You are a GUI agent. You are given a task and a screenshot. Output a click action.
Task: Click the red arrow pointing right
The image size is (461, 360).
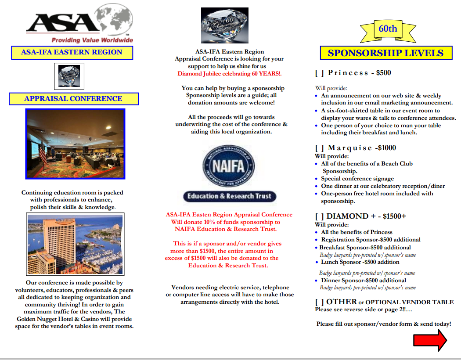coord(430,340)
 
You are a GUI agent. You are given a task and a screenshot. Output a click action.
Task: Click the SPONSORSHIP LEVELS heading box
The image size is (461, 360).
coord(385,53)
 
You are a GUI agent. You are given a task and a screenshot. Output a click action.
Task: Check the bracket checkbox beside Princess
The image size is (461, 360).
coord(319,73)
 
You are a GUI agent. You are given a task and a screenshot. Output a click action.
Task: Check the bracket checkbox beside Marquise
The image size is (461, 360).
coord(319,148)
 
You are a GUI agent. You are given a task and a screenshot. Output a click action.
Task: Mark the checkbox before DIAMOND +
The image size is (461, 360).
coord(319,216)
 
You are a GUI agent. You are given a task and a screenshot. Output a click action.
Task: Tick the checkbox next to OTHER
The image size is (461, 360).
coord(319,302)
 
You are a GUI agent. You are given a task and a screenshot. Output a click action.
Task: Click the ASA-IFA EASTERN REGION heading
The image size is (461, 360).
coord(72,52)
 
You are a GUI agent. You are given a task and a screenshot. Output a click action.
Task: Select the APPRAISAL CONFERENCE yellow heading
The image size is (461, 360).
coord(73,99)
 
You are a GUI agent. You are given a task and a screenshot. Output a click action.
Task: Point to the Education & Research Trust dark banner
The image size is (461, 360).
coord(230,196)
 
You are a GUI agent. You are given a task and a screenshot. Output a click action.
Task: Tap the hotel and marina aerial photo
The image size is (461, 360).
coord(75,244)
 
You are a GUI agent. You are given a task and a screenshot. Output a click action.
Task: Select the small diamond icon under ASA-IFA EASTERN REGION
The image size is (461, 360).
coord(69,76)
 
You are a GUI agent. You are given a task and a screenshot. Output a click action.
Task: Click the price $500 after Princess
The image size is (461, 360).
coord(383,73)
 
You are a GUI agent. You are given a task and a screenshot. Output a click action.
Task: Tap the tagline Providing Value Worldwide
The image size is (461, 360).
coord(92,40)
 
